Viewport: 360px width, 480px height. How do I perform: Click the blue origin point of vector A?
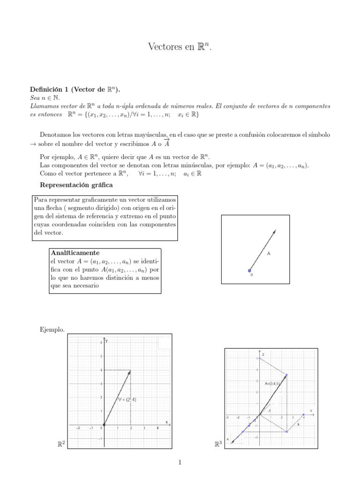(x=250, y=270)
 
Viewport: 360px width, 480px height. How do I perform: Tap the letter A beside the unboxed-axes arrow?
(x=269, y=254)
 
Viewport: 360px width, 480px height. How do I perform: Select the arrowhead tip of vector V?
(x=130, y=371)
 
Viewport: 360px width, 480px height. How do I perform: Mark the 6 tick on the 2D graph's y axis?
(x=101, y=343)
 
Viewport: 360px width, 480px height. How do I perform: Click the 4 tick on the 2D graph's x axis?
(x=157, y=428)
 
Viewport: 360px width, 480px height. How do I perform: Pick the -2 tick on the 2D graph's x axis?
(x=78, y=428)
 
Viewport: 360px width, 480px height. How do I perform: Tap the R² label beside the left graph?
(x=60, y=443)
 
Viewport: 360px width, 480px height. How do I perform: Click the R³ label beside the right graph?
(x=217, y=443)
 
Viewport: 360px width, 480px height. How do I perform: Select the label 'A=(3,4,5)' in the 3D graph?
(x=274, y=383)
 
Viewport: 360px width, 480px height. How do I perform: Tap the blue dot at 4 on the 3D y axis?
(x=304, y=415)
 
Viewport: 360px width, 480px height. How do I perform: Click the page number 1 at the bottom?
(x=180, y=464)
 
